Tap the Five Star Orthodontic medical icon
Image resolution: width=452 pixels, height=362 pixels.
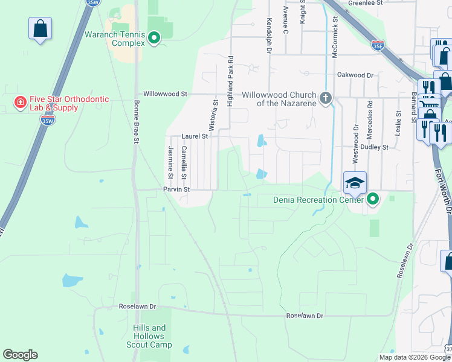pyautogui.click(x=21, y=103)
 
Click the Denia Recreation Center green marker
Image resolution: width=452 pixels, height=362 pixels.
pyautogui.click(x=373, y=198)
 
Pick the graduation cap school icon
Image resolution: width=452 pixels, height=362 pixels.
pyautogui.click(x=355, y=182)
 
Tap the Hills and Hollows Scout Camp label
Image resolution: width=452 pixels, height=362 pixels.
pyautogui.click(x=149, y=337)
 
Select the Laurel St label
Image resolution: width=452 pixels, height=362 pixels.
pyautogui.click(x=195, y=137)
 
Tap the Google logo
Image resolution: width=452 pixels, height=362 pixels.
pyautogui.click(x=20, y=355)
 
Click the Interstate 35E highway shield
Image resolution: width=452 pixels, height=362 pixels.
pyautogui.click(x=378, y=45)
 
